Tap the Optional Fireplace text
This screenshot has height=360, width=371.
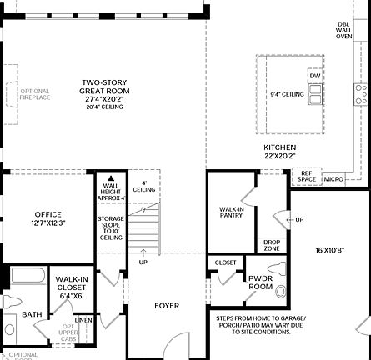(34, 94)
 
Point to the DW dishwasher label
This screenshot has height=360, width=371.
(314, 76)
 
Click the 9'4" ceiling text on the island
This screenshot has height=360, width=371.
(287, 94)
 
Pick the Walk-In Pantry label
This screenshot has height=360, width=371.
(231, 213)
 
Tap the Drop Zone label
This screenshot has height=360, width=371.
(272, 245)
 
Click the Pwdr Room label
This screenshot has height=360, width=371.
(261, 282)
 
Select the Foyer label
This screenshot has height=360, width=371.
(167, 306)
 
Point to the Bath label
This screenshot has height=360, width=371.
(32, 314)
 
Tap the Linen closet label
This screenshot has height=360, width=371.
(83, 319)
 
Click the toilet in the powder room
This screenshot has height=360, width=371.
(280, 291)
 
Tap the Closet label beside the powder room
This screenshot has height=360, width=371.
(225, 262)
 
